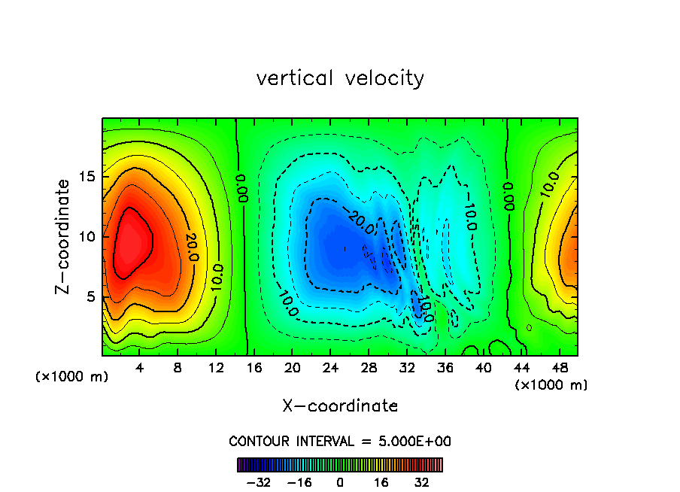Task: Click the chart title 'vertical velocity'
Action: pos(340,77)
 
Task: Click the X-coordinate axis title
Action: pos(340,405)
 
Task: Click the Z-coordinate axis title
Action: pos(65,236)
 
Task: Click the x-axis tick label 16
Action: pos(254,369)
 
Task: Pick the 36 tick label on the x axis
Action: pos(446,369)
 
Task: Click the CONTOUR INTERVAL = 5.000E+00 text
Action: pos(340,441)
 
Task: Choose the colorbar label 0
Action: pos(340,482)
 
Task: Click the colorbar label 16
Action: pos(381,482)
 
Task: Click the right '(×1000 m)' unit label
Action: pos(551,385)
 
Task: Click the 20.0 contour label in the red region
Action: pos(189,247)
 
